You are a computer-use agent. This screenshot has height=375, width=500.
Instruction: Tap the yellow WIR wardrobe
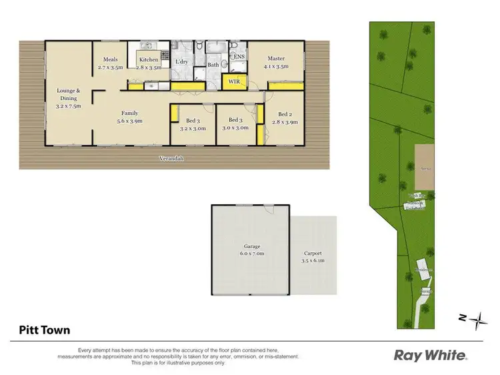[x=234, y=81]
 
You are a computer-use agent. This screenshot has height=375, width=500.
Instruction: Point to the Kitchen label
[x=149, y=60]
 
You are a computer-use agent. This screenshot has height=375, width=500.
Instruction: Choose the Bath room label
[x=213, y=65]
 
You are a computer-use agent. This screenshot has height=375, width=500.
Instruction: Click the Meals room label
[x=111, y=60]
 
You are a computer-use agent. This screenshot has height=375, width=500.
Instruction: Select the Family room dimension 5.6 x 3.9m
[x=131, y=121]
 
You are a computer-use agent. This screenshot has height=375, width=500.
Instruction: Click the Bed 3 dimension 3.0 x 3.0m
[x=236, y=127]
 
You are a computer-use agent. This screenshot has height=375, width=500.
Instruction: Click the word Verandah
[x=171, y=159]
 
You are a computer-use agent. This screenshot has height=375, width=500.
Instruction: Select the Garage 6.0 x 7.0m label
[x=251, y=250]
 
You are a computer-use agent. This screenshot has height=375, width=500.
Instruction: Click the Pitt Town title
[x=43, y=329]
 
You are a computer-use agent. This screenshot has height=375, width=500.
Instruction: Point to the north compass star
[x=477, y=320]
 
